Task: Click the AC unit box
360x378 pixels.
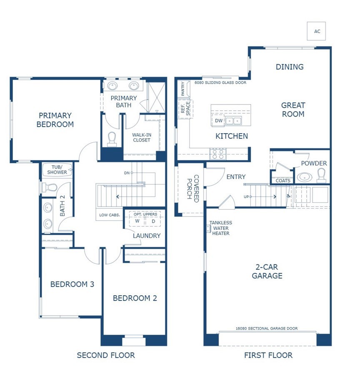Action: (316, 31)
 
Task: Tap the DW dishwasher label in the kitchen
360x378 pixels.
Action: (219, 121)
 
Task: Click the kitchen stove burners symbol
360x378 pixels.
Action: (217, 154)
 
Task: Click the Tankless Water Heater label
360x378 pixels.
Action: (220, 228)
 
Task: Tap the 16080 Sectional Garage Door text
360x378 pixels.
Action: (267, 328)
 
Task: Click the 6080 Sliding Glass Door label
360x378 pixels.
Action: (220, 82)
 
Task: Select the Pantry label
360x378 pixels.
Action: (182, 88)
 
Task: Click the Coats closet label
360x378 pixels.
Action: (283, 181)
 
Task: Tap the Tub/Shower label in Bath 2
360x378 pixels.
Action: (57, 169)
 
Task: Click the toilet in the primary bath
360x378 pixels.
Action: (112, 139)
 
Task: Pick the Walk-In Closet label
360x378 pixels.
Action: (142, 137)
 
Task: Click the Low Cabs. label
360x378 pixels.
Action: (110, 215)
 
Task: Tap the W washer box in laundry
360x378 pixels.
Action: (137, 221)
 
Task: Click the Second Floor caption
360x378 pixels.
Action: (106, 355)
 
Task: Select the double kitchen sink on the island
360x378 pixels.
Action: (233, 121)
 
